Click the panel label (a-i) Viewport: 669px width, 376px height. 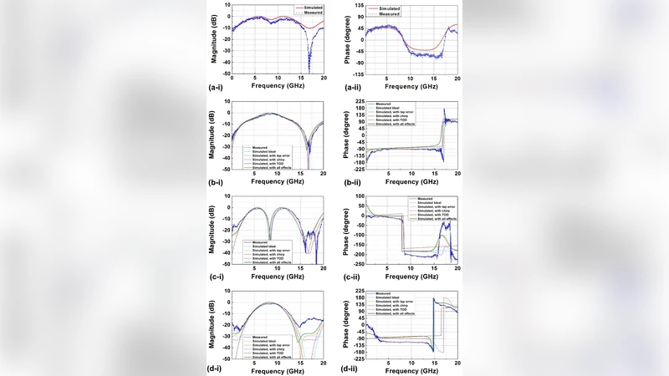(x=218, y=86)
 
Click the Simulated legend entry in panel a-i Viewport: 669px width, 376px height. (x=306, y=8)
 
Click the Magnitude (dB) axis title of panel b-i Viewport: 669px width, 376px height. (x=215, y=134)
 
